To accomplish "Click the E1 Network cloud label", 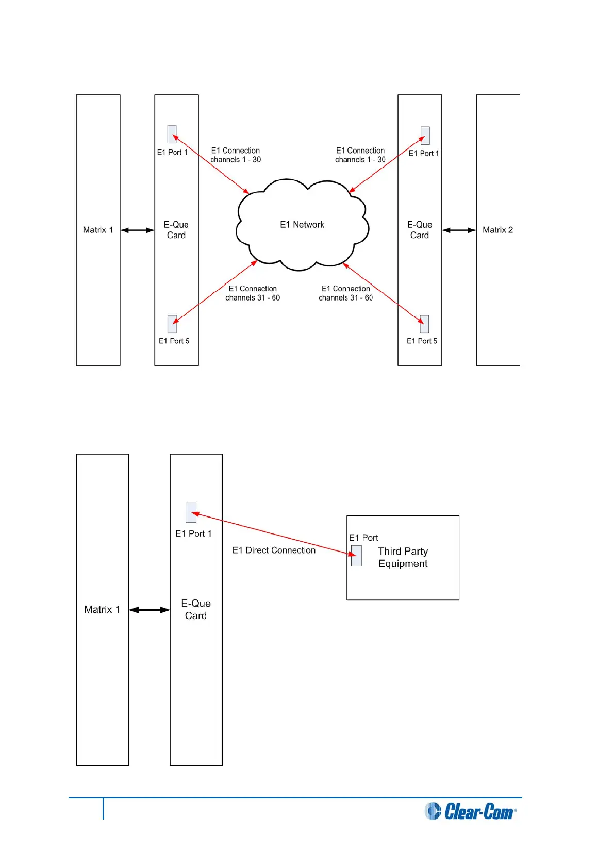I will pyautogui.click(x=302, y=225).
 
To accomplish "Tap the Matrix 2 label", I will pyautogui.click(x=497, y=230).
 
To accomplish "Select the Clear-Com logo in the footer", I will pyautogui.click(x=470, y=811).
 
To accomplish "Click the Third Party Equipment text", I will pyautogui.click(x=403, y=557).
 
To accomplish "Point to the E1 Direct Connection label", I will pyautogui.click(x=274, y=550).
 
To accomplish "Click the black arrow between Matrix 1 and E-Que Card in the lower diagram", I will pyautogui.click(x=149, y=610).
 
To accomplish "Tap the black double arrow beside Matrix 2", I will pyautogui.click(x=459, y=230).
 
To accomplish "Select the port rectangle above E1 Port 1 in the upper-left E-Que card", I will pyautogui.click(x=172, y=134).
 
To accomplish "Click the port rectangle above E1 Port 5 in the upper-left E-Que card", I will pyautogui.click(x=172, y=324).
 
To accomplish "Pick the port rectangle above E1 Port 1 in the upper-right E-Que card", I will pyautogui.click(x=425, y=136).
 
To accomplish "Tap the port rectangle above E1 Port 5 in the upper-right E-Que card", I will pyautogui.click(x=424, y=324).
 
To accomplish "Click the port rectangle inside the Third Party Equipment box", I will pyautogui.click(x=356, y=556).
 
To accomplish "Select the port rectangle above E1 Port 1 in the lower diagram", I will pyautogui.click(x=191, y=512).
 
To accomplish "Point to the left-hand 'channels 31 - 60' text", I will pyautogui.click(x=253, y=298).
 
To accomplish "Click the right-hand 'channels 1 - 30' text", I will pyautogui.click(x=360, y=160).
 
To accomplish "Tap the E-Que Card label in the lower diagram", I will pyautogui.click(x=196, y=609).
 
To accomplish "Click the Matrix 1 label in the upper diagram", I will pyautogui.click(x=98, y=230).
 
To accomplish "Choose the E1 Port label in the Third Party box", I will pyautogui.click(x=363, y=538).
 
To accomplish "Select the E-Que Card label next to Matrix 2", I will pyautogui.click(x=420, y=230).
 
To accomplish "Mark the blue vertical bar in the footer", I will pyautogui.click(x=103, y=808).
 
